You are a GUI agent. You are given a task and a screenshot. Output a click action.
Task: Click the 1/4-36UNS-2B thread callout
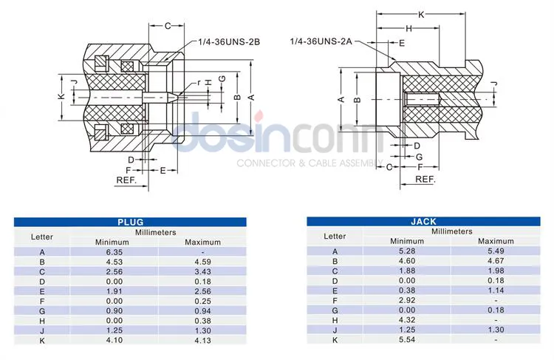[229, 42]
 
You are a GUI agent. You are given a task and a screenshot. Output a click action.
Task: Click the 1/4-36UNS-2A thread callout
[321, 43]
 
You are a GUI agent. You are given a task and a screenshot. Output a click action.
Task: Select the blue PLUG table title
[130, 222]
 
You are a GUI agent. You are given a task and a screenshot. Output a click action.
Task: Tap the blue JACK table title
[423, 222]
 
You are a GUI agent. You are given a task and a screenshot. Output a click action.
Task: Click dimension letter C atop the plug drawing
[167, 27]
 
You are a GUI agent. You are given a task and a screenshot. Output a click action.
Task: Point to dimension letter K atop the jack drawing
[421, 15]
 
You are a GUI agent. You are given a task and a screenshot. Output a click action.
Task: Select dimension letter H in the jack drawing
[408, 28]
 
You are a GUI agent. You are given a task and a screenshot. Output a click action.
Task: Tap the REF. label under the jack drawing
[425, 179]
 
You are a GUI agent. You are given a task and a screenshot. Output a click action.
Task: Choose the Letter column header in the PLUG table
[42, 237]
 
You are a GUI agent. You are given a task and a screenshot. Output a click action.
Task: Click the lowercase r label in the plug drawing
[199, 81]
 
